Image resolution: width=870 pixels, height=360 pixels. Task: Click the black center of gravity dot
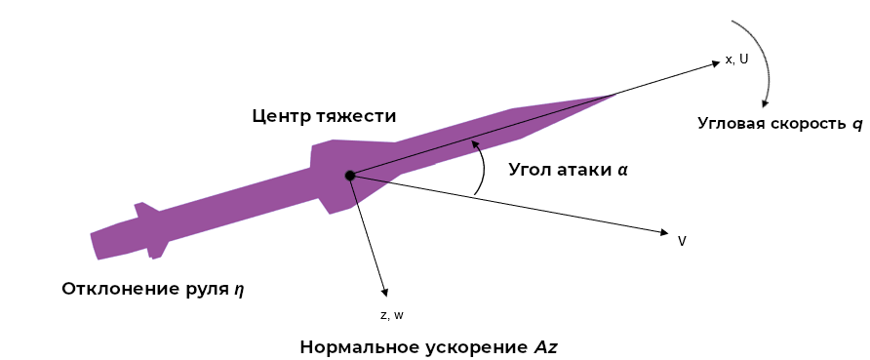348,176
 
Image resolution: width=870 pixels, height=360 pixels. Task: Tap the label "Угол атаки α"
568,169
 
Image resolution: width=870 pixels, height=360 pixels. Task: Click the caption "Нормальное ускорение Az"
428,347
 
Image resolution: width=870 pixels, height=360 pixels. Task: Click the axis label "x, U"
736,60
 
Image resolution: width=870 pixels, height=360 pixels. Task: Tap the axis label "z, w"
391,315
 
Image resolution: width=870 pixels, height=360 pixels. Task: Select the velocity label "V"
682,240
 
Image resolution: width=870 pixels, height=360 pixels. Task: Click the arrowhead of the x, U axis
715,63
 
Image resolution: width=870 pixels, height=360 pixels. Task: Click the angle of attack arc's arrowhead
475,142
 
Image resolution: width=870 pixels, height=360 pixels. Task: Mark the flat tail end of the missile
94,245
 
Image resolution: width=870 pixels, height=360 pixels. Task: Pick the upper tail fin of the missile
142,210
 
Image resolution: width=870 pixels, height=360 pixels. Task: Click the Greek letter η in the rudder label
238,290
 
